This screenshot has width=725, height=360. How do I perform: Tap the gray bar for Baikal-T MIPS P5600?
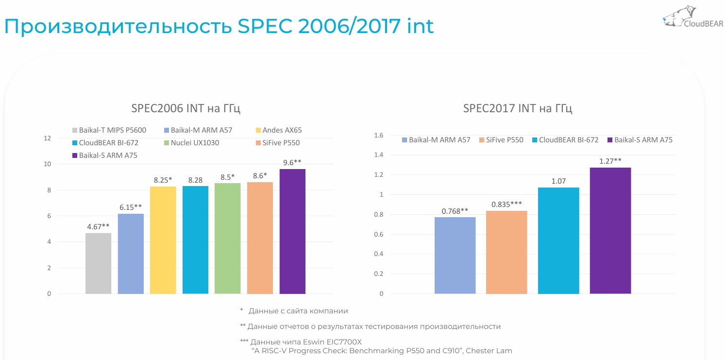[98, 263]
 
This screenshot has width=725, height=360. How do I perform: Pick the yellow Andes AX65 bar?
[163, 240]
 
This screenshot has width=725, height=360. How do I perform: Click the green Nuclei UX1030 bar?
[227, 238]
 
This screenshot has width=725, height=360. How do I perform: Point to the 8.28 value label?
[195, 180]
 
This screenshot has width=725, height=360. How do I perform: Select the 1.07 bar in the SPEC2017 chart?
[558, 240]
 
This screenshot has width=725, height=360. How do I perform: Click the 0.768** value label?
[455, 211]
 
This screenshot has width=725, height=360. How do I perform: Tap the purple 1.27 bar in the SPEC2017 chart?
[610, 231]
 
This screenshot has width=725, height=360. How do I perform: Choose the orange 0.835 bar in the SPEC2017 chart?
[506, 252]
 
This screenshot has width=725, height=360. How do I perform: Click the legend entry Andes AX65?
[282, 130]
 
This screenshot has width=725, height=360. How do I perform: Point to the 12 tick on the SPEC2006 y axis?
[47, 138]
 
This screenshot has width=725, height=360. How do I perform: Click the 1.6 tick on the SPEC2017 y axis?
[379, 135]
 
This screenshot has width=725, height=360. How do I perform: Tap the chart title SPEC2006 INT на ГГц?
[186, 108]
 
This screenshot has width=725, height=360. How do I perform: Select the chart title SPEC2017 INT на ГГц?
[518, 108]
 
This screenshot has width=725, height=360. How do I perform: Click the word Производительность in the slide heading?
[118, 27]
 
